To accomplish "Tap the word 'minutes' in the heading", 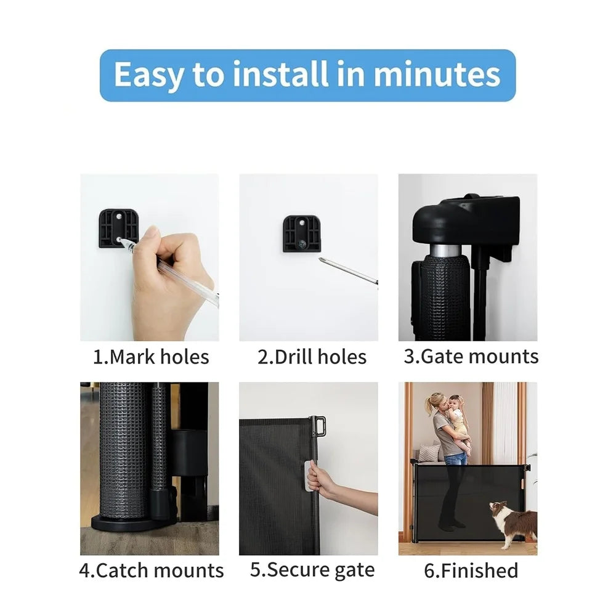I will click(x=437, y=75).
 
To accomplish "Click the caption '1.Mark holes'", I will click(x=150, y=357).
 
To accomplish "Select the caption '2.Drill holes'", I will click(x=312, y=357).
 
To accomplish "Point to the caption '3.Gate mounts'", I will click(x=471, y=356).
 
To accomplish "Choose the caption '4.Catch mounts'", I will click(x=151, y=570).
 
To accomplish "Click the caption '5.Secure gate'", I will click(x=312, y=570).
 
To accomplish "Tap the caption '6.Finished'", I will click(x=471, y=570).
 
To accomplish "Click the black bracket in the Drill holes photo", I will click(x=301, y=233).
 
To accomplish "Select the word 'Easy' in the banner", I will click(x=148, y=75).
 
